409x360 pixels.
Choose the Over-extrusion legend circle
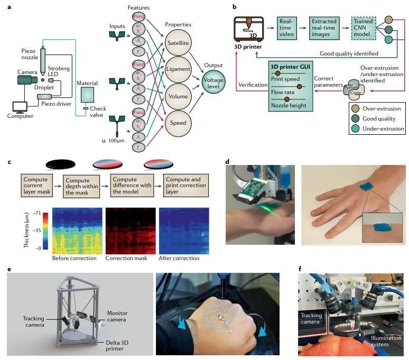click(x=356, y=108)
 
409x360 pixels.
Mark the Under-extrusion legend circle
click(x=356, y=128)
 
